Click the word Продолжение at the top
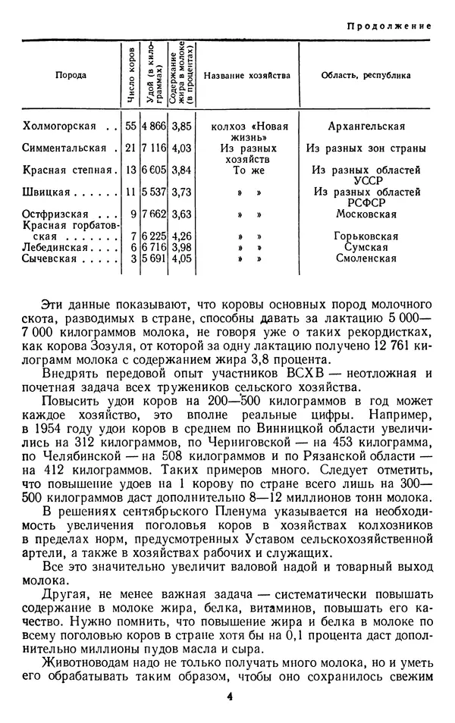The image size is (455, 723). pos(389,26)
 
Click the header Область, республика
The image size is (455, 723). pos(366,76)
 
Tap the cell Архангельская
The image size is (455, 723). pos(366,127)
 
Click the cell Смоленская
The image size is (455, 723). pos(366,258)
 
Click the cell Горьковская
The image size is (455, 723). pos(366,236)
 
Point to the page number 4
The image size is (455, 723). pos(227,697)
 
